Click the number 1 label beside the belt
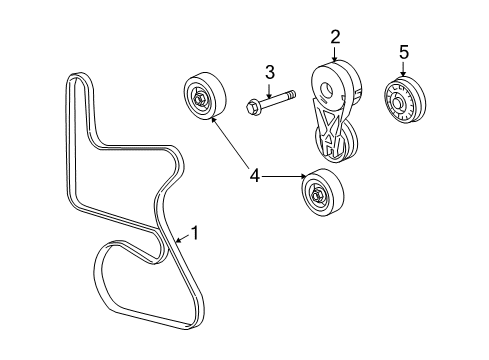[195, 233]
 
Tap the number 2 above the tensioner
[335, 37]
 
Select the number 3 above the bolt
[269, 71]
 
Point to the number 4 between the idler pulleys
[255, 176]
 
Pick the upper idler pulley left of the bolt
[203, 98]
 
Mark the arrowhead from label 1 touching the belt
[174, 241]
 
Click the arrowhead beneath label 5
[403, 76]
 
